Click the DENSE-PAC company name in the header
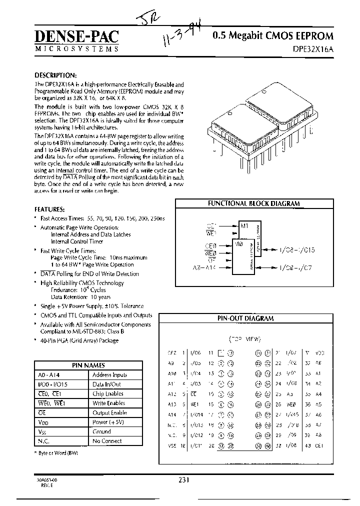click(x=77, y=36)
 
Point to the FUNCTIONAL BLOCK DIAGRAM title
click(x=253, y=203)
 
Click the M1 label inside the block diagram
click(x=244, y=226)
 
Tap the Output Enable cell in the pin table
click(x=109, y=412)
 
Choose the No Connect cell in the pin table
click(x=107, y=441)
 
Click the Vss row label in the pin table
click(x=41, y=431)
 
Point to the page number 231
click(x=183, y=479)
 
